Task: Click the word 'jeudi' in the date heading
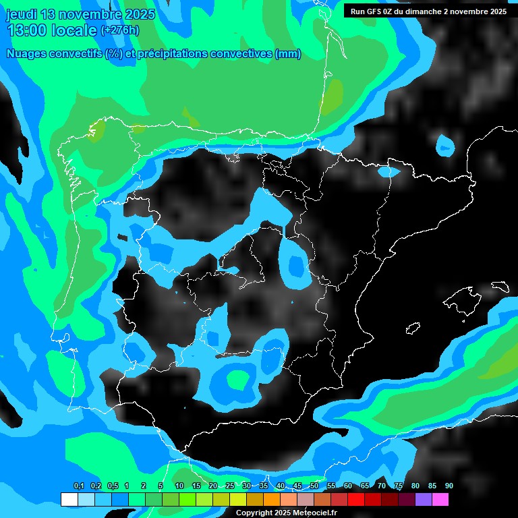pos(21,14)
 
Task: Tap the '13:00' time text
pos(28,30)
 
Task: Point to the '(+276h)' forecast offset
pos(120,30)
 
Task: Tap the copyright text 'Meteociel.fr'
pos(315,513)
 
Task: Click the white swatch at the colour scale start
pos(69,499)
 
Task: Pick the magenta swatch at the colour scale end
pos(440,499)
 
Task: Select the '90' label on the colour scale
pos(449,486)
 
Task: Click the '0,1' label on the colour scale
pos(79,486)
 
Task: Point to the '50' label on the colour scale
pos(314,486)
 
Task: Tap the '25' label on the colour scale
pos(230,486)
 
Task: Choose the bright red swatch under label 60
pos(355,499)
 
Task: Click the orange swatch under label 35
pos(271,499)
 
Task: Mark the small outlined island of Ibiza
pos(413,328)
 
